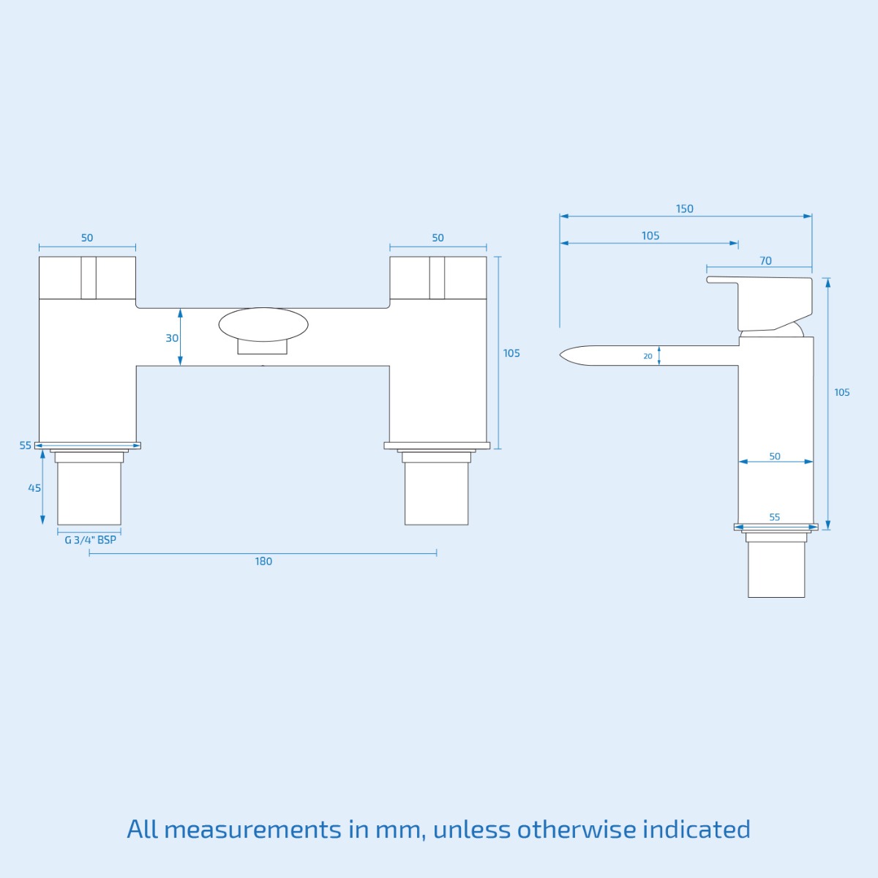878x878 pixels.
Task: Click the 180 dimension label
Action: pos(263,561)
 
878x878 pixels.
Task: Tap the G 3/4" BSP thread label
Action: pos(90,540)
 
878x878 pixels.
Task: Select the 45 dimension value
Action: pos(34,488)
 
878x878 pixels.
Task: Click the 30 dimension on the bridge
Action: pos(172,338)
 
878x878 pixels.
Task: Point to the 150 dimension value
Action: pos(684,209)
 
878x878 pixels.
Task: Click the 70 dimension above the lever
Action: pos(765,260)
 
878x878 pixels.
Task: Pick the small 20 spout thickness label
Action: pos(648,356)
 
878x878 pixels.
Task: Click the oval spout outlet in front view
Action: pos(263,325)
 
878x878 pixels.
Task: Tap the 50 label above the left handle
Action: pos(87,238)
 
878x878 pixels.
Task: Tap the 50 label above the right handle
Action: pos(438,238)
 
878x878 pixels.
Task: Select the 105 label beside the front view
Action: pos(511,353)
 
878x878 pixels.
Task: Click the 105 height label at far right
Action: pos(842,393)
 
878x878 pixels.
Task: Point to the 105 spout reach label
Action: pos(650,236)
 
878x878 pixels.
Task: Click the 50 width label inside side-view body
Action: pos(775,456)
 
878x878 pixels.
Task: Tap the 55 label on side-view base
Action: pos(775,517)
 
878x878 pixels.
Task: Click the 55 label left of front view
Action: pos(26,445)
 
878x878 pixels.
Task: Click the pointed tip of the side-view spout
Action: pos(562,356)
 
